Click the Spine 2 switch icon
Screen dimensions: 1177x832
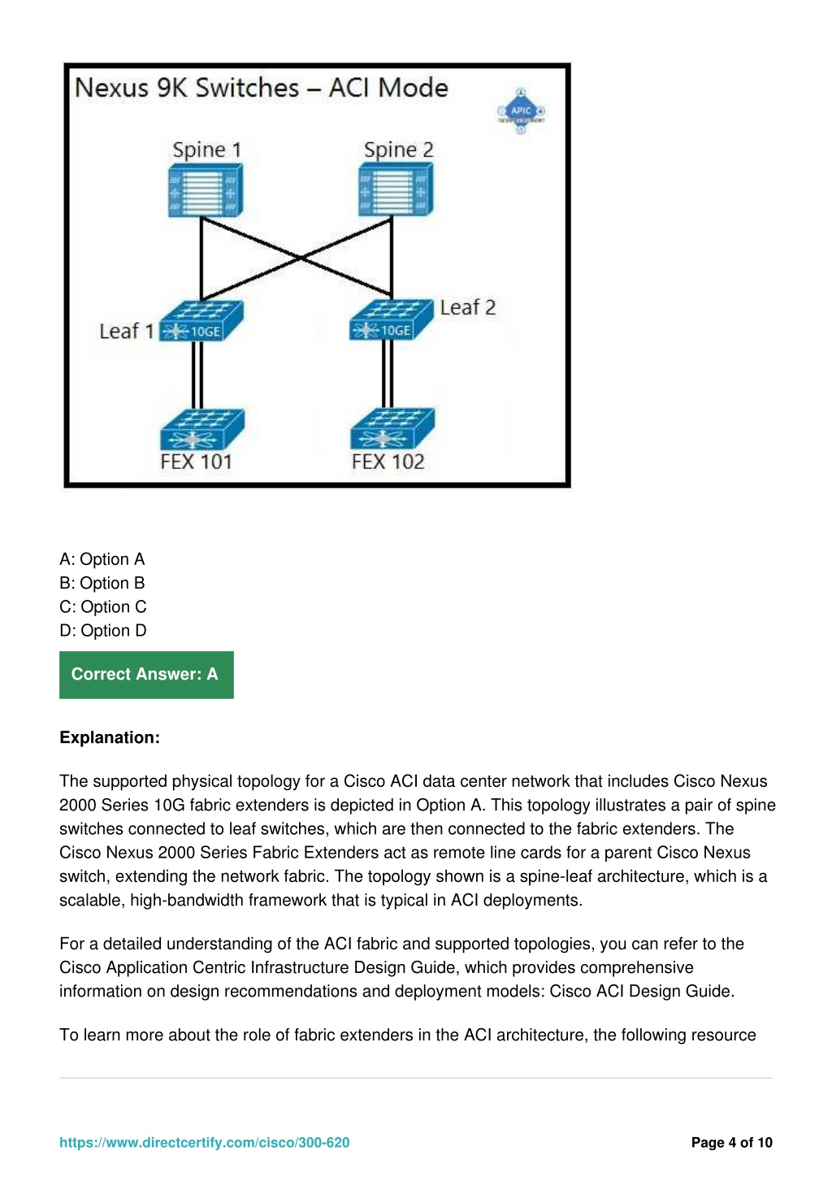(396, 190)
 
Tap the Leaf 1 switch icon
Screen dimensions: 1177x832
(201, 321)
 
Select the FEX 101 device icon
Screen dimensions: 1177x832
(202, 428)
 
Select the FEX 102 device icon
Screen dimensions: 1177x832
(392, 428)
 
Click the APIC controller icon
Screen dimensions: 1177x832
(521, 111)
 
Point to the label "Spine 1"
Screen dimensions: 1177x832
(206, 150)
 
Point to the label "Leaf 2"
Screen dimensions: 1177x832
(467, 307)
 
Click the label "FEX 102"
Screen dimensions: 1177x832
(388, 462)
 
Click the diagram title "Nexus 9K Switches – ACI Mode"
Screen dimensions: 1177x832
(261, 88)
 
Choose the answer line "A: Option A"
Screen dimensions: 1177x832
(102, 559)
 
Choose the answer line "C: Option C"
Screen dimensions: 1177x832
(102, 607)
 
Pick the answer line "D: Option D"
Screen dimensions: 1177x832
(102, 631)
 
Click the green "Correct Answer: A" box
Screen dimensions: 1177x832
(146, 675)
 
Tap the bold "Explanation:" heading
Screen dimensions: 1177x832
(110, 738)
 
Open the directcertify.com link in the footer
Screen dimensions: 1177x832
(204, 1143)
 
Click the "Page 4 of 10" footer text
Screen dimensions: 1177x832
(731, 1143)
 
